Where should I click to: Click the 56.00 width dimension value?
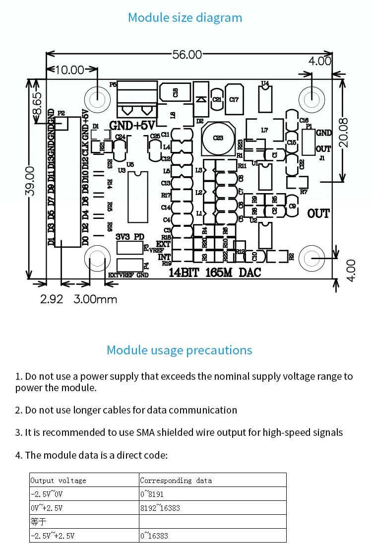coord(187,55)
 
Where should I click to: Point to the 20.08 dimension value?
coord(343,132)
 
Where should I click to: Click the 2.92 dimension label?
coord(52,299)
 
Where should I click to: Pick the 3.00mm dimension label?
coord(95,299)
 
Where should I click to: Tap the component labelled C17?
coord(234,99)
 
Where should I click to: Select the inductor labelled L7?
coord(264,130)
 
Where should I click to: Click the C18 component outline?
coord(175,92)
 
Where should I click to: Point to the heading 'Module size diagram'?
coord(185,17)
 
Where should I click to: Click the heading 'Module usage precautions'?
coord(179,350)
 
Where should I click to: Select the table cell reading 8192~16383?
coord(160,508)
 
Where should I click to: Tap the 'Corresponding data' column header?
coord(176,480)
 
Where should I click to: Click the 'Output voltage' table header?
coord(58,480)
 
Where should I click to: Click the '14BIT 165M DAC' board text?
coord(215,272)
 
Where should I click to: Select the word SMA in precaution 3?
coord(144,432)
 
